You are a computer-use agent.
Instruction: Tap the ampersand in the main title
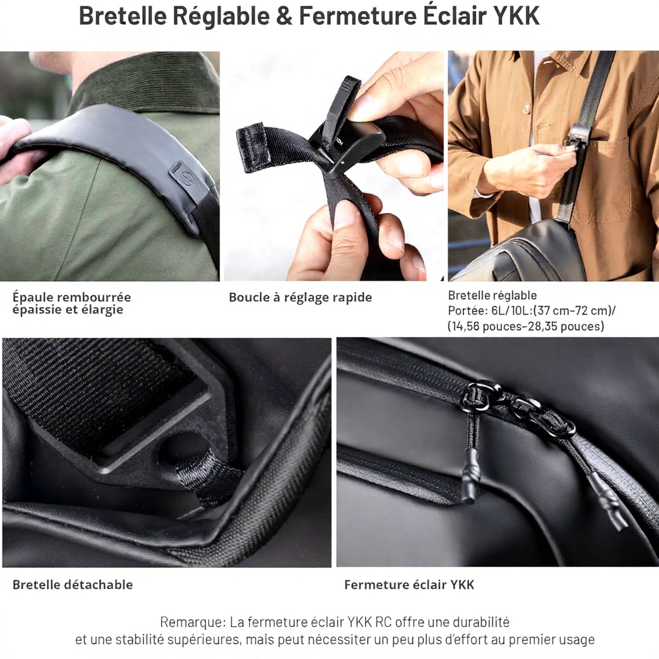tap(284, 16)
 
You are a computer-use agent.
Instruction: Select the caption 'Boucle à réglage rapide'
tap(300, 297)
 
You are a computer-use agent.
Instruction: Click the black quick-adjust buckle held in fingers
tap(345, 147)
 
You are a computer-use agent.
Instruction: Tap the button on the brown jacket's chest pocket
tap(541, 124)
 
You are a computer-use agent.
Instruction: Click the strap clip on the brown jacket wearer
tap(577, 134)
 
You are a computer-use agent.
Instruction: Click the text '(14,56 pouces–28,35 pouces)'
tap(526, 326)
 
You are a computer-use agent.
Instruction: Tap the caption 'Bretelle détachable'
tap(72, 584)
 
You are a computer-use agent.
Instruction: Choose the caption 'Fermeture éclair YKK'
tap(409, 584)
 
